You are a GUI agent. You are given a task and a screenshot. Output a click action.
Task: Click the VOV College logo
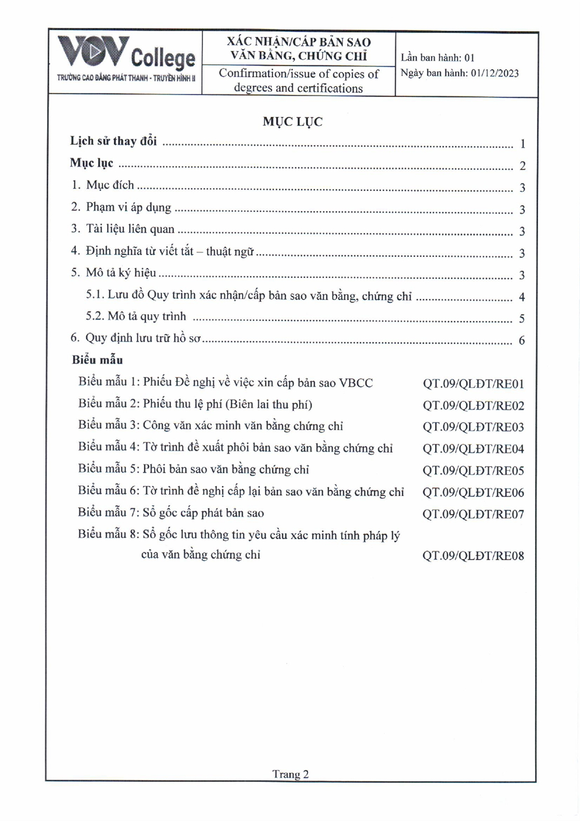tap(126, 59)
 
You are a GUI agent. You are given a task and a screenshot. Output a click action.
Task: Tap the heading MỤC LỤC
tap(292, 122)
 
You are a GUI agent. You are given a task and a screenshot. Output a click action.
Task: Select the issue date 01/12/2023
tap(494, 73)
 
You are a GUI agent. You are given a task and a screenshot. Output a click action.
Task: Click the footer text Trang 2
tap(291, 774)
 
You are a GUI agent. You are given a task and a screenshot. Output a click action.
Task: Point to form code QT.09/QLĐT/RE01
tap(473, 384)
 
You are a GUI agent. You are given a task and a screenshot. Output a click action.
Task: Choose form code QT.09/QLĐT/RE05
tap(473, 471)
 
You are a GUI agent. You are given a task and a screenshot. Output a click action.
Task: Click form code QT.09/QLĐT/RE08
tap(473, 556)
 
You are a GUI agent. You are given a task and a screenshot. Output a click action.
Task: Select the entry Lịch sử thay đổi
tap(113, 141)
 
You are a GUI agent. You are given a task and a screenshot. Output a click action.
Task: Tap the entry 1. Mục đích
tap(103, 185)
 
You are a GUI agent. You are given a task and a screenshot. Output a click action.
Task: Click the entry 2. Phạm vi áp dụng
tap(121, 208)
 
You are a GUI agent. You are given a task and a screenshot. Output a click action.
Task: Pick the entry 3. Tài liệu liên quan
tap(123, 229)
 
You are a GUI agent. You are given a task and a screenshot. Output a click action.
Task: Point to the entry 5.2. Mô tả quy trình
tap(136, 316)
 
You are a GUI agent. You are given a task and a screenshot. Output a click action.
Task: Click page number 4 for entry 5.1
tap(522, 297)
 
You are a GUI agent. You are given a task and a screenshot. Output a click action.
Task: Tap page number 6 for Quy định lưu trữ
tap(522, 340)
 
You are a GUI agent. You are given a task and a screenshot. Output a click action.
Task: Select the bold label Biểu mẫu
tap(97, 360)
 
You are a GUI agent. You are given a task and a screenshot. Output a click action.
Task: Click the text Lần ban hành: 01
tap(437, 58)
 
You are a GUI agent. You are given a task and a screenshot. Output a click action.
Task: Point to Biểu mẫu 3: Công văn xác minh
tap(211, 426)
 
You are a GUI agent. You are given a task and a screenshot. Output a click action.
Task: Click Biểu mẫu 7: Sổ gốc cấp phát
tap(171, 513)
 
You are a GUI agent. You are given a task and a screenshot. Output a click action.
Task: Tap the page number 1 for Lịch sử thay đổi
tap(523, 144)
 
